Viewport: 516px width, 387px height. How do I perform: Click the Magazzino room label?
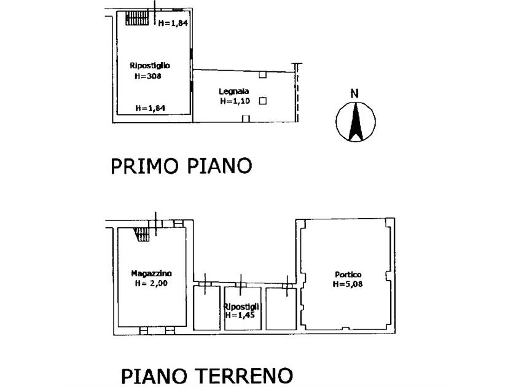pos(151,273)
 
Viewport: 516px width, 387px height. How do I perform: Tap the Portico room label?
pos(348,274)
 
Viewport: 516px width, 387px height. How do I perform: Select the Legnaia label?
pos(233,91)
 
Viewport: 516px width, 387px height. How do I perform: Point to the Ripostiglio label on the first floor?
pos(150,66)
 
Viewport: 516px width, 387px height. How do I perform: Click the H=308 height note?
pos(148,76)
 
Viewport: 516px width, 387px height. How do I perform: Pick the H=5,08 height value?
pos(348,284)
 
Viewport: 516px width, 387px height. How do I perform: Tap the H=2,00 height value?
pos(151,283)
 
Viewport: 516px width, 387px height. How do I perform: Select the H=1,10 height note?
pos(235,101)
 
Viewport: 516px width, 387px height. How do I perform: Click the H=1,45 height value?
pos(241,315)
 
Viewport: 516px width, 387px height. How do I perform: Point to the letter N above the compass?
pos(354,94)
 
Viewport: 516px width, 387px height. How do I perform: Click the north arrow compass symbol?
pos(356,122)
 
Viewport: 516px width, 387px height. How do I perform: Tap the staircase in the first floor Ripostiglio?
pos(137,18)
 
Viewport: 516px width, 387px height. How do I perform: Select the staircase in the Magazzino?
pos(142,235)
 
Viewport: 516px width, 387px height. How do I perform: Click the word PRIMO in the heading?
pos(144,166)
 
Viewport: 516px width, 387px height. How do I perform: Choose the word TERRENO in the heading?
pos(244,376)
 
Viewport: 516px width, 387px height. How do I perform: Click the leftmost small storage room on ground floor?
pos(206,308)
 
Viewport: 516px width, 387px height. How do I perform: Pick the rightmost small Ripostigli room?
pos(281,309)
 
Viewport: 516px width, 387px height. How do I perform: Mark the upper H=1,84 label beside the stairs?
pos(173,23)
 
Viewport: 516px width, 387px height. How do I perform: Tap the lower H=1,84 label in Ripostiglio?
pos(150,108)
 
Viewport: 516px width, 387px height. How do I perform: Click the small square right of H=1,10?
pos(263,101)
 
